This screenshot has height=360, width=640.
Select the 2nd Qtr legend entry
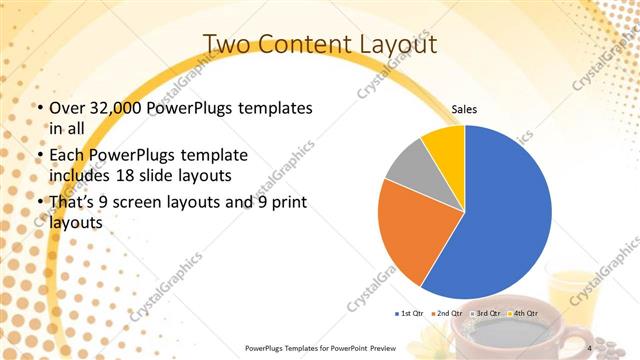[x=446, y=313]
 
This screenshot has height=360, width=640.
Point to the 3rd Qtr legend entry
[x=485, y=313]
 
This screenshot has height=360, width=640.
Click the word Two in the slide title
[x=228, y=44]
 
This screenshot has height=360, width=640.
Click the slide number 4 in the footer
[x=590, y=347]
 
